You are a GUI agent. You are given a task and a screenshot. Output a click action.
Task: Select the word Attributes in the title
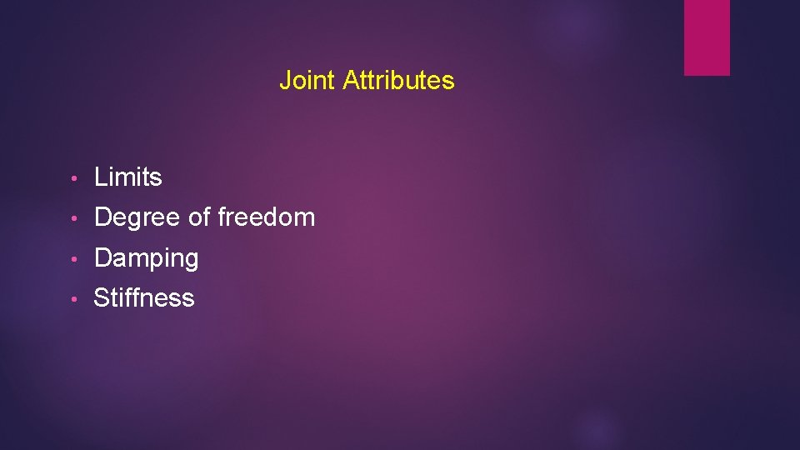point(398,81)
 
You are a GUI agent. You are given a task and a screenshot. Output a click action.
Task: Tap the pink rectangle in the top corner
point(707,37)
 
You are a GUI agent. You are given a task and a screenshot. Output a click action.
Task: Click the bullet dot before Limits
point(75,178)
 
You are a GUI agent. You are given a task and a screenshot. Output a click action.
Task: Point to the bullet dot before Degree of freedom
point(75,218)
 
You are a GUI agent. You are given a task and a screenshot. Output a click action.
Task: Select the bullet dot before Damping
point(75,259)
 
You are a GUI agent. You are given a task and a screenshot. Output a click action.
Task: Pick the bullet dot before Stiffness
point(75,299)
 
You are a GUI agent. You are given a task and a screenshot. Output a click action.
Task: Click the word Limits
point(128,177)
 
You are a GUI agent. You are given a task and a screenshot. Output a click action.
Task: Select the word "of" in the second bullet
point(199,217)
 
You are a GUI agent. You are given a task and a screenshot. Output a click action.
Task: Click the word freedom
point(266,217)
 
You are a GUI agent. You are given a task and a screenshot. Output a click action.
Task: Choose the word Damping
point(147,259)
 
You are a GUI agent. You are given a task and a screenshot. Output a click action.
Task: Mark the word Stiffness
point(144,298)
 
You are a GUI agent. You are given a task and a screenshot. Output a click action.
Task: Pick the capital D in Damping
point(103,258)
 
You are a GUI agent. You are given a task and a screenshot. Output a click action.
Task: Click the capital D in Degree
point(103,217)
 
